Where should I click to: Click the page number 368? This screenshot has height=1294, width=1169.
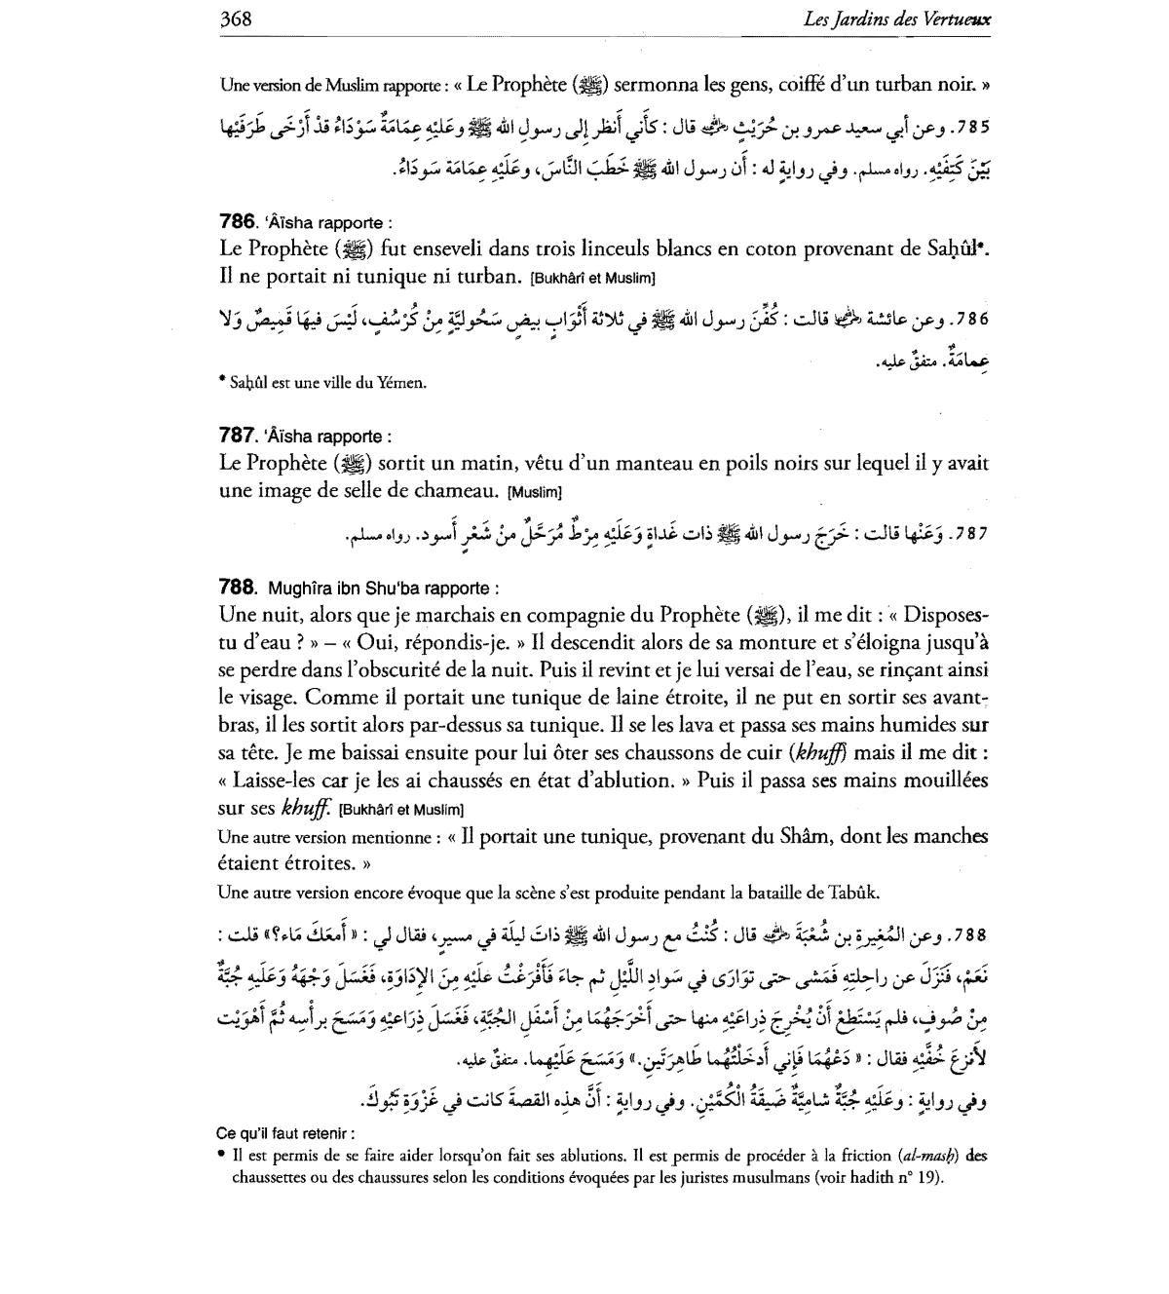[x=237, y=19]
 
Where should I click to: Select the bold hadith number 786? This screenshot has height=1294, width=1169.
[x=237, y=222]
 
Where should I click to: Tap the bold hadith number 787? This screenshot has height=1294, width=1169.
[x=237, y=436]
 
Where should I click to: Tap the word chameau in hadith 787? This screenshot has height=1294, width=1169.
[x=457, y=491]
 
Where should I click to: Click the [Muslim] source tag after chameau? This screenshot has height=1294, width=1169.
[x=535, y=492]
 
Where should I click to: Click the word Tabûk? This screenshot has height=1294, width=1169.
[x=854, y=892]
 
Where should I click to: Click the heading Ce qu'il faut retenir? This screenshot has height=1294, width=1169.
[x=284, y=1133]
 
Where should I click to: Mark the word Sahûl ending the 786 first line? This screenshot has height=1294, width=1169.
[x=952, y=249]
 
